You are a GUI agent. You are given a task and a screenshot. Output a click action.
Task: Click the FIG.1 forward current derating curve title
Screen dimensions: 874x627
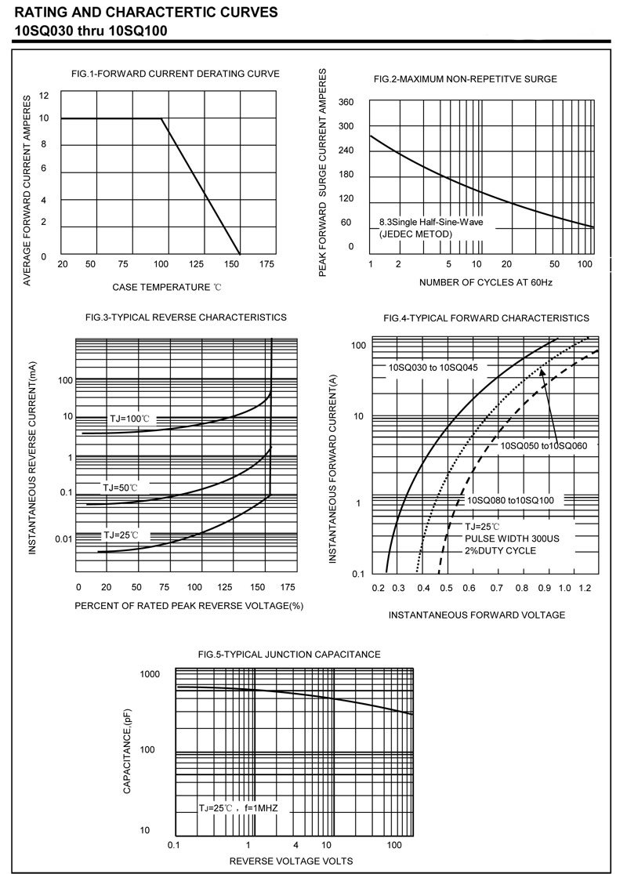click(175, 74)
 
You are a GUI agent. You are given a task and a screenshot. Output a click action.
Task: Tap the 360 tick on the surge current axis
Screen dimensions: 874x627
click(346, 103)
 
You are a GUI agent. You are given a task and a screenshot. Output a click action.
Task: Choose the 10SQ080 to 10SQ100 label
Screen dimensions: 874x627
click(510, 500)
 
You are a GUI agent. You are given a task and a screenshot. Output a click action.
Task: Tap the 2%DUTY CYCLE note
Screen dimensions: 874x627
click(500, 551)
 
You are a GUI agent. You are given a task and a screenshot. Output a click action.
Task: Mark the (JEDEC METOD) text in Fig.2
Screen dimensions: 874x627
click(415, 234)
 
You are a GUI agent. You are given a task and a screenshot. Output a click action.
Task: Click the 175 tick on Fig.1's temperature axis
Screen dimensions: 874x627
click(266, 264)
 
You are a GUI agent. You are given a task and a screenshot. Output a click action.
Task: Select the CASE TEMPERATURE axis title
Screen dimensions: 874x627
click(167, 288)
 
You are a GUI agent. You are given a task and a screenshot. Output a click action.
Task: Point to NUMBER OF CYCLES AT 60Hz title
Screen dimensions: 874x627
click(486, 282)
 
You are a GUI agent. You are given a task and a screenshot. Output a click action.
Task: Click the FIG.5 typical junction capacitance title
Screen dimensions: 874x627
click(289, 654)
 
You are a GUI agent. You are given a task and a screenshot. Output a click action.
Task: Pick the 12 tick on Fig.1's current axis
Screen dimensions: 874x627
click(44, 96)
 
